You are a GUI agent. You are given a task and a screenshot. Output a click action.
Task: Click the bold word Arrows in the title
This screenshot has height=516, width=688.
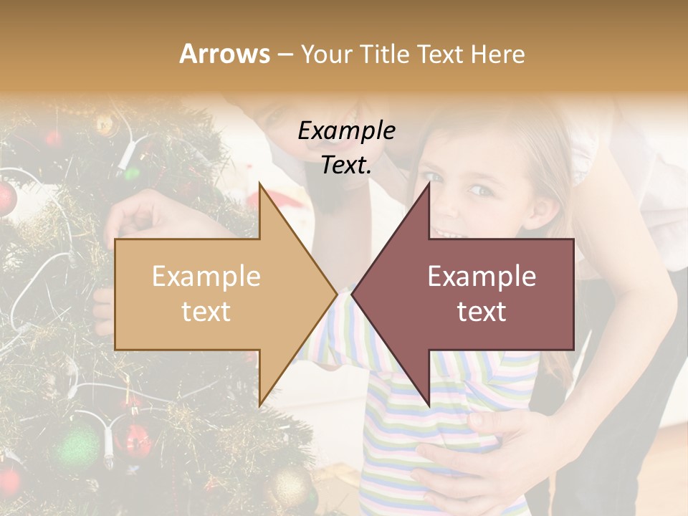[224, 54]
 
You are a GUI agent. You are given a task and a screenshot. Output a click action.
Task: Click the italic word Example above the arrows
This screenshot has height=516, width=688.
[346, 131]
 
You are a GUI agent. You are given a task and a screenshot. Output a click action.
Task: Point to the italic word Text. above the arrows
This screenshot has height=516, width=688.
[346, 165]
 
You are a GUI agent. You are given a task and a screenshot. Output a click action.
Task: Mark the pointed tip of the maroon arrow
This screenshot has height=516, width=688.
[354, 294]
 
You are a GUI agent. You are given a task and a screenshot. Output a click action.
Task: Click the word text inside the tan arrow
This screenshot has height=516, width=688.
[206, 312]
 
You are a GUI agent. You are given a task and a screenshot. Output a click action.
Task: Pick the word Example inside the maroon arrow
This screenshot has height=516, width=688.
[482, 277]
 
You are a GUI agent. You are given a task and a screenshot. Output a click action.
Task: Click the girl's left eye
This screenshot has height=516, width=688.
[481, 190]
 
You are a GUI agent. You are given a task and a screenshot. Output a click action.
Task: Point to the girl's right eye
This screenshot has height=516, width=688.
[432, 176]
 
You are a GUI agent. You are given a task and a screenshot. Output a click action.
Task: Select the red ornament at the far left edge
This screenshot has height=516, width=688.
[6, 197]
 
